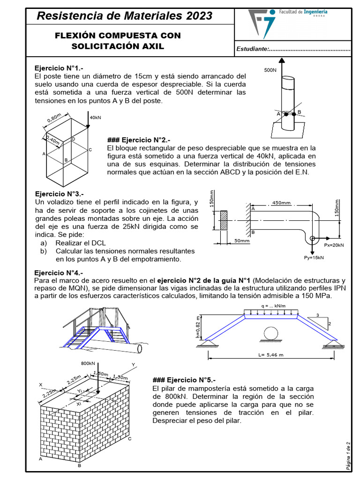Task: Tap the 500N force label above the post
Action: click(x=270, y=70)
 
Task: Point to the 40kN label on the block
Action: click(x=95, y=117)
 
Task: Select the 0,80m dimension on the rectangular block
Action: click(x=54, y=118)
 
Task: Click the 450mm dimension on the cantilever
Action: click(x=281, y=203)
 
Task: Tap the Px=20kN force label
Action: click(x=334, y=245)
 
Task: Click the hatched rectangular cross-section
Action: click(x=224, y=220)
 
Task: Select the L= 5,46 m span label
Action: click(x=271, y=355)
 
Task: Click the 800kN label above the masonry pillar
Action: click(x=89, y=363)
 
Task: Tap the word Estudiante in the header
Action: click(x=253, y=49)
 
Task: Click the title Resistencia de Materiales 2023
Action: click(x=124, y=16)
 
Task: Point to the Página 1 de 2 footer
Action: click(x=347, y=456)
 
